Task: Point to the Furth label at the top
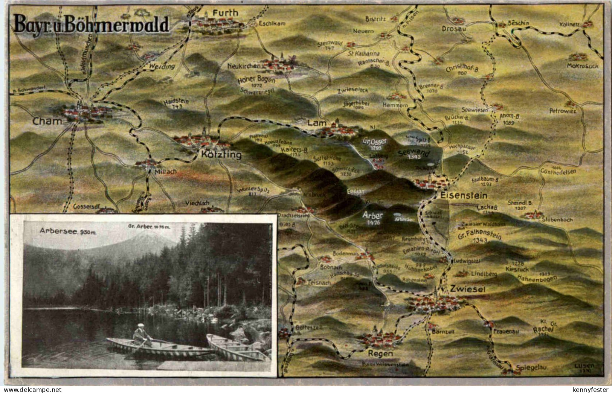[226, 13]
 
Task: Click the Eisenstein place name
[463, 196]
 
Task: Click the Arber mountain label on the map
[372, 216]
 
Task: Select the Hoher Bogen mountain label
[256, 80]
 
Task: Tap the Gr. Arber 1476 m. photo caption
[150, 226]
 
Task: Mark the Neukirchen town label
[244, 66]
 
